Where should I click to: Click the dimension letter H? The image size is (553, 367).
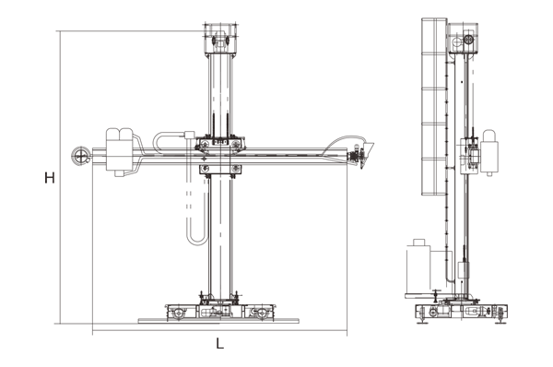pyautogui.click(x=50, y=178)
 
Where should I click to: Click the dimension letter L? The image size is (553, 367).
pyautogui.click(x=219, y=343)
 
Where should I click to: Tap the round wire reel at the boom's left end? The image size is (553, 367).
pyautogui.click(x=81, y=156)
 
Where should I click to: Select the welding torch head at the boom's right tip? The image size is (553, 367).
pyautogui.click(x=357, y=158)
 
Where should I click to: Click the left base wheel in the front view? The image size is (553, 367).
pyautogui.click(x=179, y=313)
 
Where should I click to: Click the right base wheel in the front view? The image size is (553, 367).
pyautogui.click(x=261, y=313)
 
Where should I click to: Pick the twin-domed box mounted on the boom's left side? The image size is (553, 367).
pyautogui.click(x=120, y=151)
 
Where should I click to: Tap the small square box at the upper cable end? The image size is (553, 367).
pyautogui.click(x=189, y=135)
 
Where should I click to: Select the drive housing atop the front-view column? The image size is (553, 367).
pyautogui.click(x=220, y=39)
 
